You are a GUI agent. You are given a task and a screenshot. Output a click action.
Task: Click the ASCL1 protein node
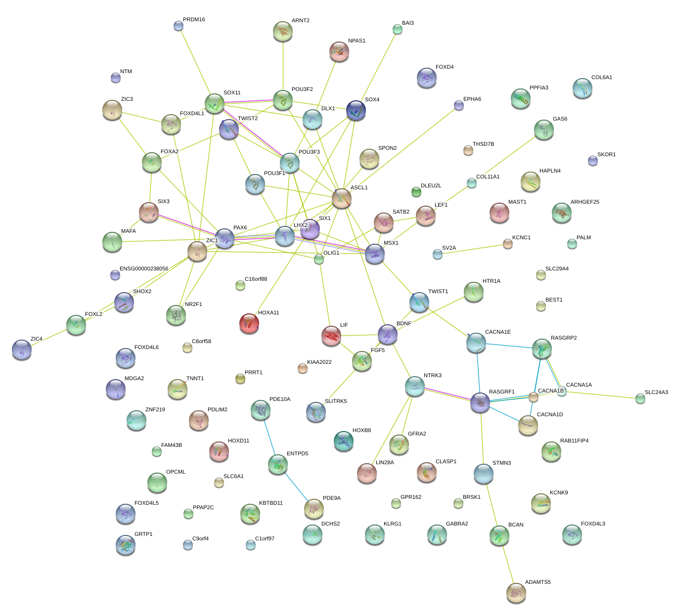tap(342, 198)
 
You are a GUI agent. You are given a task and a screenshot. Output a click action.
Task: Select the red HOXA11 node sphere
tap(249, 323)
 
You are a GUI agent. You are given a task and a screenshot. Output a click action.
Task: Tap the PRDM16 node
tap(179, 26)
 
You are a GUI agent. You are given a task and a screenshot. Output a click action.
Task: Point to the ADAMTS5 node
tap(516, 592)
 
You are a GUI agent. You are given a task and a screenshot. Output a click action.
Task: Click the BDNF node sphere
tap(388, 334)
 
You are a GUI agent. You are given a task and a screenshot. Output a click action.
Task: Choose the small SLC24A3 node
tap(640, 398)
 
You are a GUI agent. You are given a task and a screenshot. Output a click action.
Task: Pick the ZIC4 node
tap(21, 349)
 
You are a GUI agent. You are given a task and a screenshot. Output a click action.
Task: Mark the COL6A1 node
tap(583, 88)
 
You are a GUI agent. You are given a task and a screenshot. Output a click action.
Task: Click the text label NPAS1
tap(357, 41)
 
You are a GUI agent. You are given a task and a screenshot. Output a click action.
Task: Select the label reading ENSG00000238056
tap(144, 269)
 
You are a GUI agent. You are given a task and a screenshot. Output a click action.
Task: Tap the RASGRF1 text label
tap(501, 392)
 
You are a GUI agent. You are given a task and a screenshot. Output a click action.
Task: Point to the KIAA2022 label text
tap(319, 362)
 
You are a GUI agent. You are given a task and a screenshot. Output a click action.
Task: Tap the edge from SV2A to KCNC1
tap(472, 249)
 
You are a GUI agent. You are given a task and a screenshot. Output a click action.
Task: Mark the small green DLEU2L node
tap(416, 191)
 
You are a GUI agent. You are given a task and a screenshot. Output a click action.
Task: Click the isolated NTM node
tap(115, 78)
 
